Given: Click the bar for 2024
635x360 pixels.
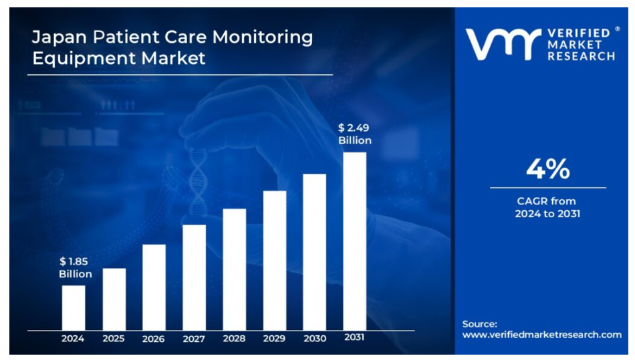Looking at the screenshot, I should pyautogui.click(x=74, y=307).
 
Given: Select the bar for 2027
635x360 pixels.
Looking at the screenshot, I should pyautogui.click(x=194, y=277).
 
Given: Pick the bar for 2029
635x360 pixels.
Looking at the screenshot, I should pyautogui.click(x=274, y=260).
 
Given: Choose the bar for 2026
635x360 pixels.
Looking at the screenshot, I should pyautogui.click(x=154, y=287).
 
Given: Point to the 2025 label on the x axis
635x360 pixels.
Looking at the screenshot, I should pyautogui.click(x=114, y=339).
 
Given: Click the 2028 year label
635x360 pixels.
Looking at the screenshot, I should pyautogui.click(x=234, y=339).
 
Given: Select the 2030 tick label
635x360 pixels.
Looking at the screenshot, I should pyautogui.click(x=314, y=339).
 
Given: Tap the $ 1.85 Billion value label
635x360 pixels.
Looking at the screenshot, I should pyautogui.click(x=75, y=268).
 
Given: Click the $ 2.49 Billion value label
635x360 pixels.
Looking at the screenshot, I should pyautogui.click(x=354, y=134).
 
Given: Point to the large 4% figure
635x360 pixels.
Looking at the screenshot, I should pyautogui.click(x=547, y=170).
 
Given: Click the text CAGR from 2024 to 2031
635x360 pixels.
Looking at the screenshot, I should pyautogui.click(x=547, y=207).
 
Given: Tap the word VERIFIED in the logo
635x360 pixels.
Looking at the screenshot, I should pyautogui.click(x=578, y=33).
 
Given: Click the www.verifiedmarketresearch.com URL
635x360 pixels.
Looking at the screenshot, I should pyautogui.click(x=541, y=335).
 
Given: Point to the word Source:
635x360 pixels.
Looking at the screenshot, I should pyautogui.click(x=480, y=324).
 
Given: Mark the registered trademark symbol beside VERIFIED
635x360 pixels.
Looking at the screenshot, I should pyautogui.click(x=617, y=29).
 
